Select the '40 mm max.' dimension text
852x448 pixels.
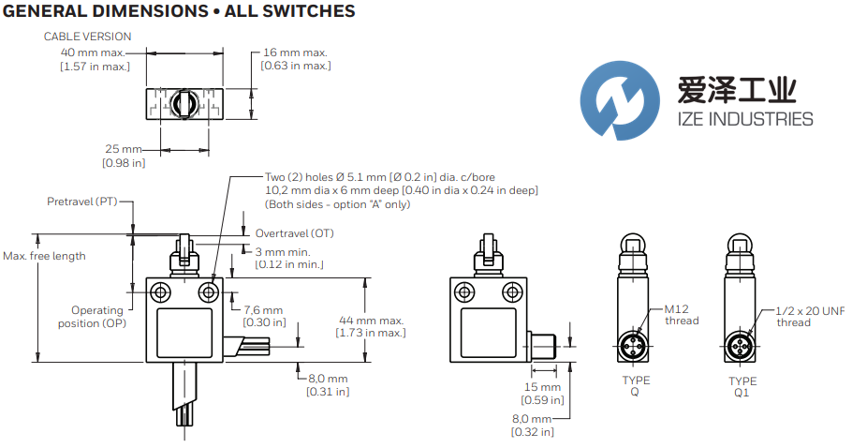click(x=94, y=52)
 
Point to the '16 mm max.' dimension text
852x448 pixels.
click(x=298, y=52)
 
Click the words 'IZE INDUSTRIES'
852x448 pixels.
click(x=744, y=119)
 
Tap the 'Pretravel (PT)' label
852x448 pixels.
click(x=82, y=202)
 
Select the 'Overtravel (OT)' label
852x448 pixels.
click(x=294, y=232)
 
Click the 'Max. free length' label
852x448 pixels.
click(x=44, y=256)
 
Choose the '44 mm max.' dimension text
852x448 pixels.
click(x=371, y=320)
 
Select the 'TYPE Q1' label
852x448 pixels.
click(x=742, y=387)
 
